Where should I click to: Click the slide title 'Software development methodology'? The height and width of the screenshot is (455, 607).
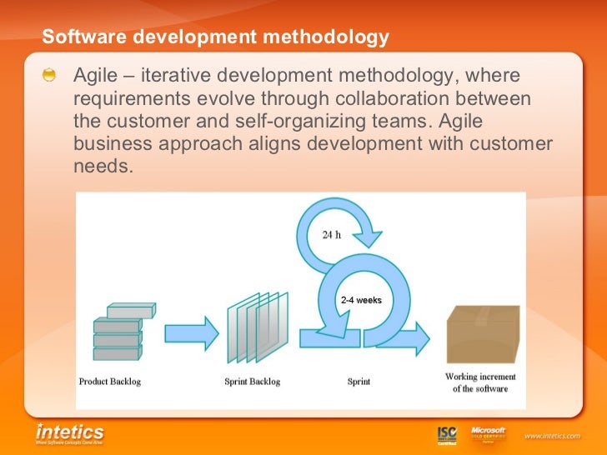coord(215,37)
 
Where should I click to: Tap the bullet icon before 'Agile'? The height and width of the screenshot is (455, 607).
coord(52,76)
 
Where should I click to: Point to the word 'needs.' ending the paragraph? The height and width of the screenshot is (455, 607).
coord(103,166)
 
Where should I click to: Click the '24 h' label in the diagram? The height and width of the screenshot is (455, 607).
coord(331,234)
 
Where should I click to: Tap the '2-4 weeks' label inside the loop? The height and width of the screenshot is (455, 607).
coord(361,299)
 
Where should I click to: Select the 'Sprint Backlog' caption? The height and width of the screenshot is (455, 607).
coord(253,382)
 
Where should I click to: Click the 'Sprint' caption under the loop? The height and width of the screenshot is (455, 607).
coord(359,382)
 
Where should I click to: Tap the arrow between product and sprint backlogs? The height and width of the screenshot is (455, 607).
coord(191,332)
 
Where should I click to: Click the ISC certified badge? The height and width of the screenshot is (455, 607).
coord(447,435)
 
